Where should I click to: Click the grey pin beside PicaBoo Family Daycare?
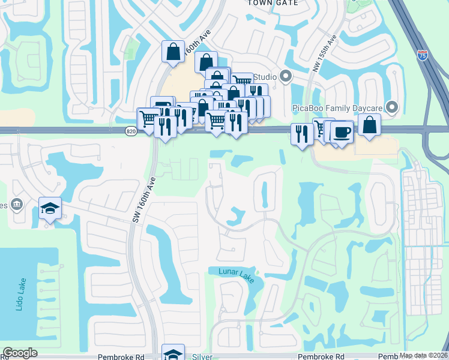click(393, 107)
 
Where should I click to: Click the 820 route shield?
click(131, 131)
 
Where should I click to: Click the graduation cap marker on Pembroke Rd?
click(173, 353)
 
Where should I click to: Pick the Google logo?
click(20, 353)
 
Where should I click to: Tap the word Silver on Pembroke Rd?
click(202, 356)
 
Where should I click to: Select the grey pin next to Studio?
click(285, 77)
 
